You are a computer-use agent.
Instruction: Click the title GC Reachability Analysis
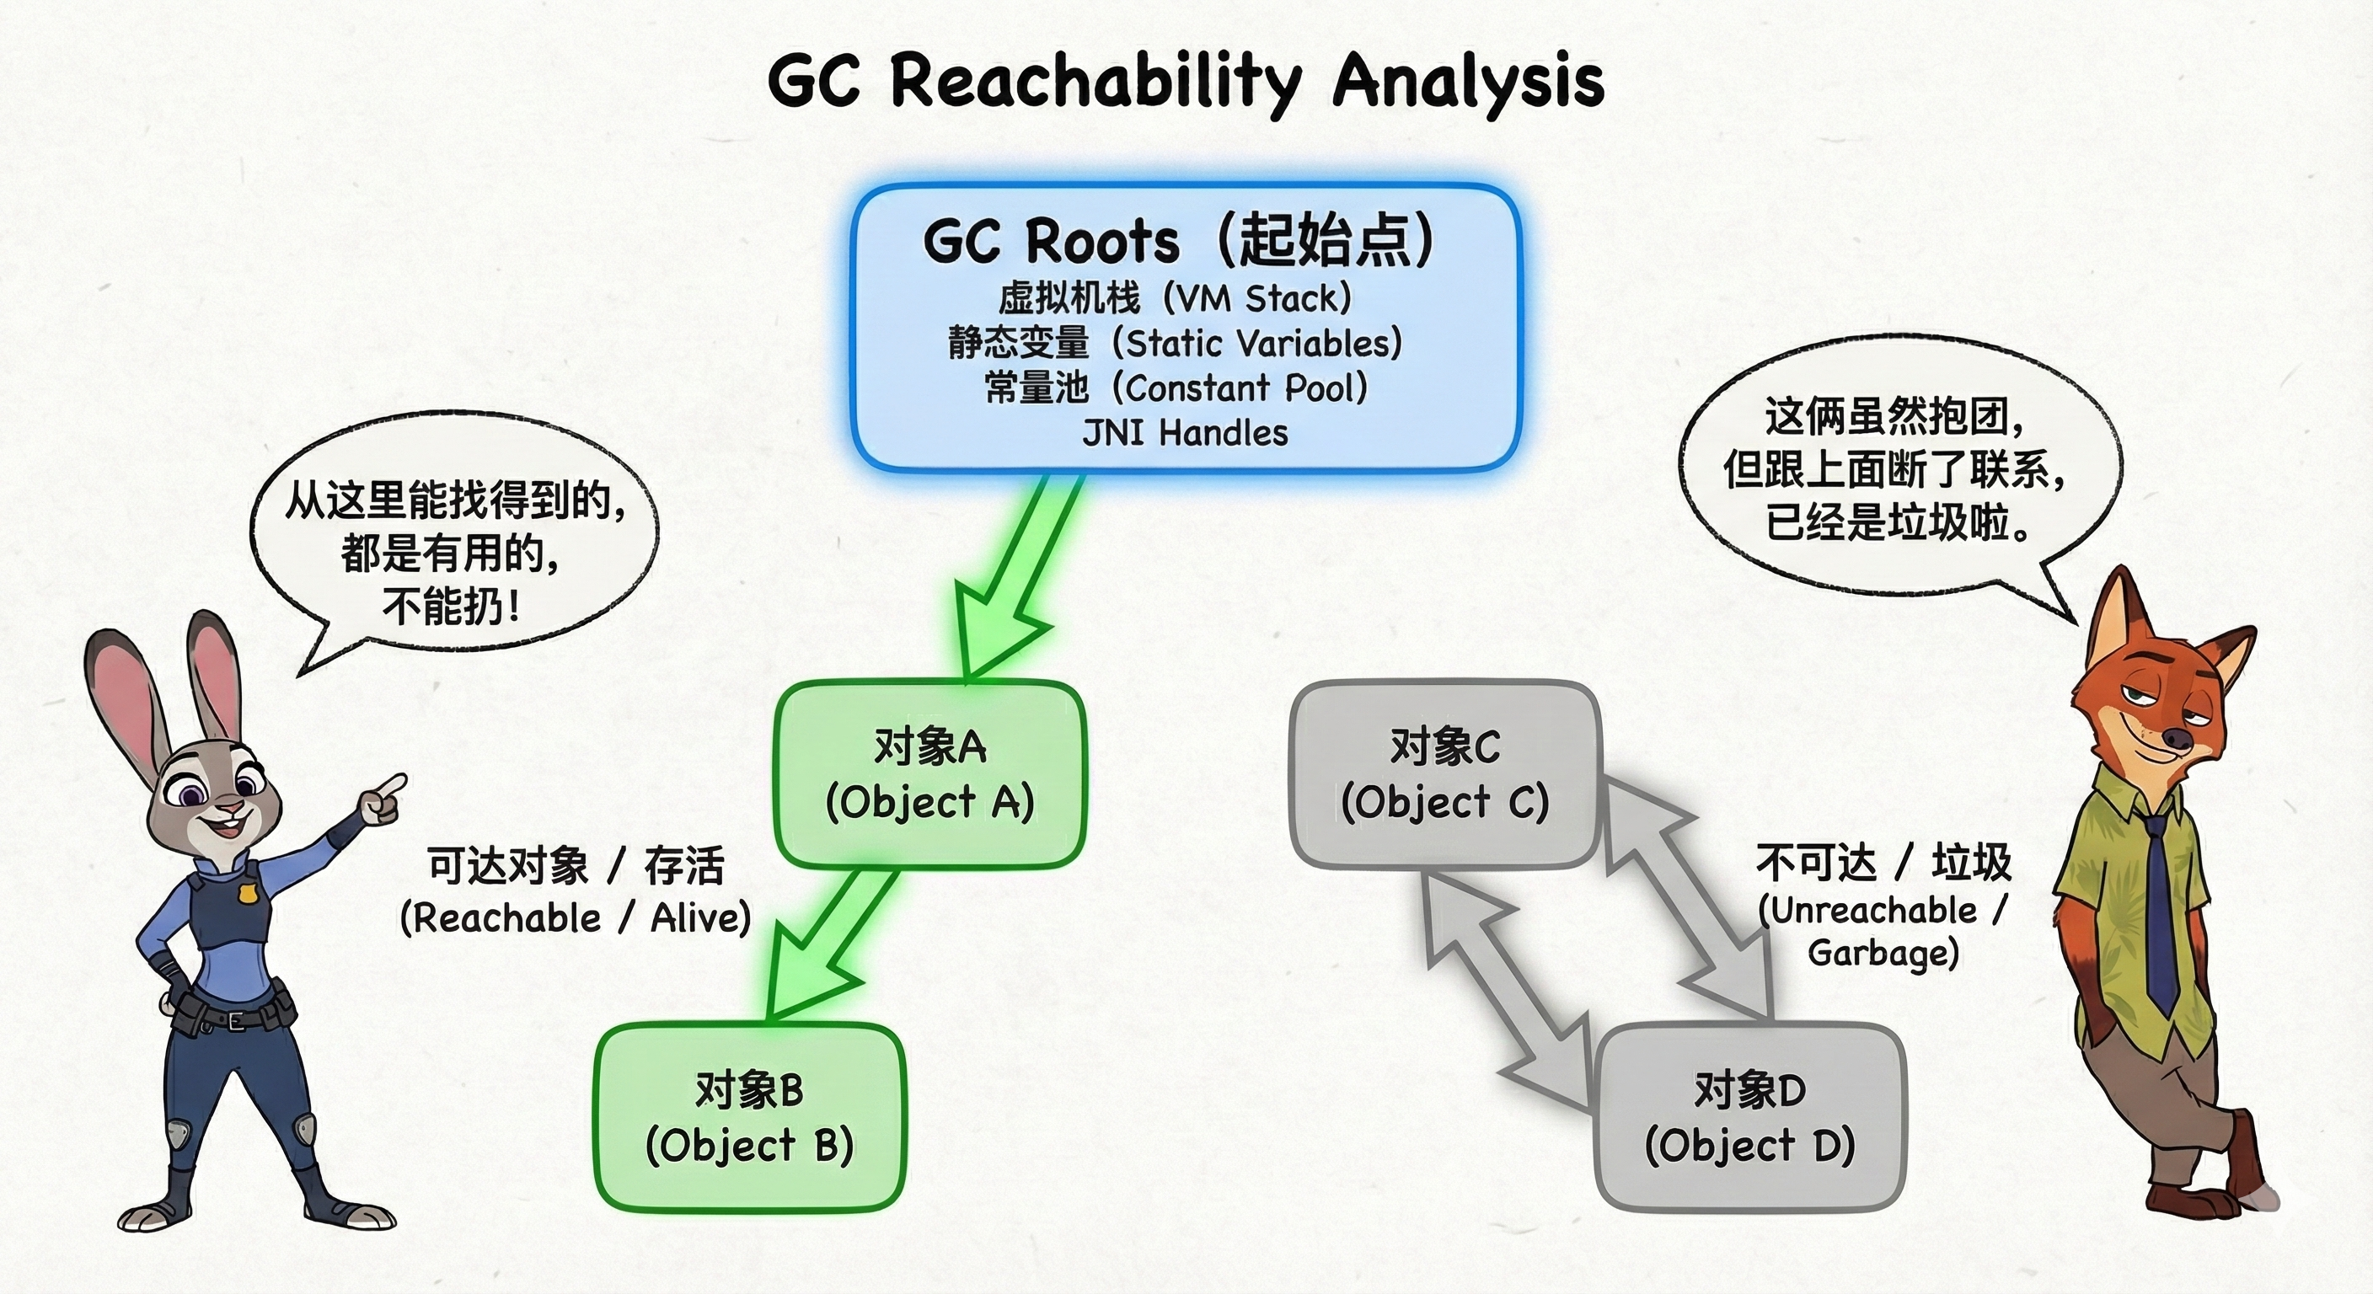coord(1186,81)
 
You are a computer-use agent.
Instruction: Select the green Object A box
coord(929,773)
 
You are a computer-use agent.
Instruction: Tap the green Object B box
coord(750,1117)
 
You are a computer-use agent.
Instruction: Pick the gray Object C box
coord(1444,773)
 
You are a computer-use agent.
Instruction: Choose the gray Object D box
coord(1749,1117)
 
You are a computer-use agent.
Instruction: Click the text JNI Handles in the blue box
coord(1185,433)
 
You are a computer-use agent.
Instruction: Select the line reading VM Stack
coord(1176,298)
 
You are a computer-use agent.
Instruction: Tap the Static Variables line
coord(1176,344)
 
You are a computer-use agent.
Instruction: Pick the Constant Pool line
coord(1176,388)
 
